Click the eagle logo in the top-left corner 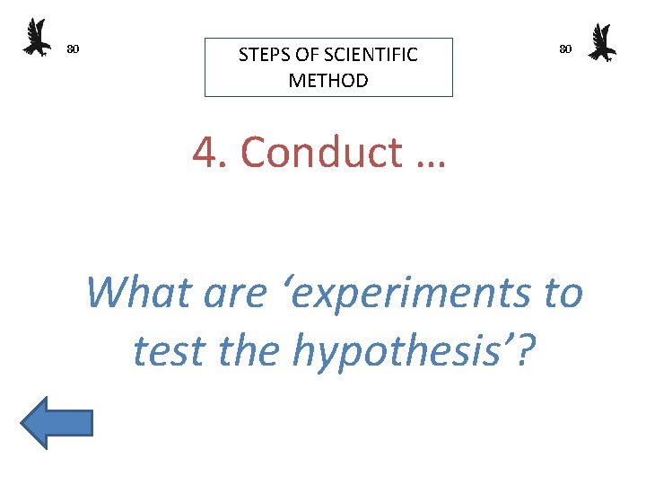pos(37,38)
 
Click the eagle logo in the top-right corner pos(601,43)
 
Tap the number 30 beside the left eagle pos(74,48)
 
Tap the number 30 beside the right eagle pos(565,48)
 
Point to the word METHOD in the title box pos(328,81)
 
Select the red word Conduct pos(321,153)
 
